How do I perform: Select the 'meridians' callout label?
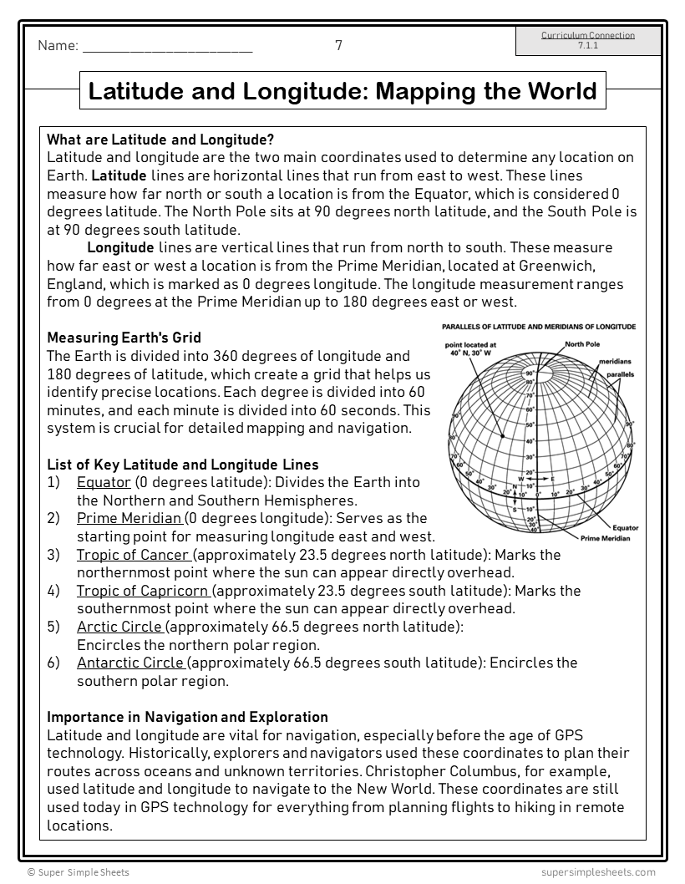click(614, 362)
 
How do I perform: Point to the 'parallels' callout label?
click(621, 374)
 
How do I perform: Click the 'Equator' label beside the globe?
click(625, 528)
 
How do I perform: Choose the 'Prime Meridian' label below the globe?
click(606, 539)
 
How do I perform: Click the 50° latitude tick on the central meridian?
click(530, 425)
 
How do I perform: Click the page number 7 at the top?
click(338, 46)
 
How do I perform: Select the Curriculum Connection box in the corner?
click(588, 41)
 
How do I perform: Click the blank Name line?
click(167, 48)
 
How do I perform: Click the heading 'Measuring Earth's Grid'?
click(124, 338)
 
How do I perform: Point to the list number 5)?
click(54, 627)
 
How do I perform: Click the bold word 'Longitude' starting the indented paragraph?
click(120, 247)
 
